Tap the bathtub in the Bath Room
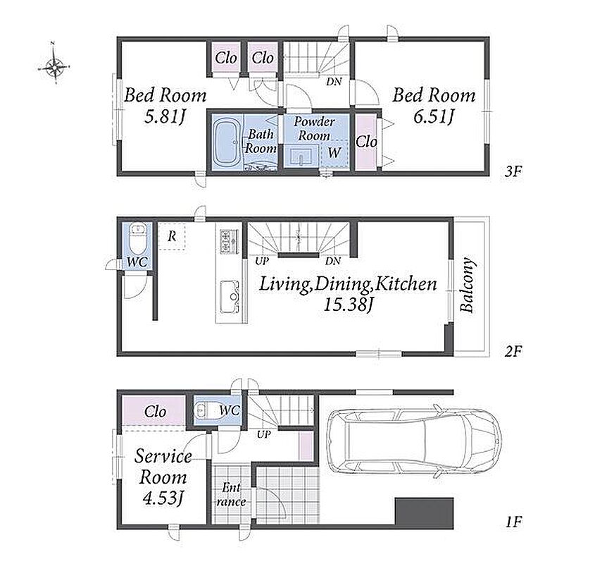226,142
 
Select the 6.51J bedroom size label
433,116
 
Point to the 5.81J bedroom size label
165,116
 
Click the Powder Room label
314,128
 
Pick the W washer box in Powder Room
334,154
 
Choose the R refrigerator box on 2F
172,236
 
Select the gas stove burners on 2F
230,241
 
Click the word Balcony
467,285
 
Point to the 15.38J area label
348,305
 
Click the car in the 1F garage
413,440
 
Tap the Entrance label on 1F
231,494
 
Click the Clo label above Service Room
155,412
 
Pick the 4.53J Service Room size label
163,498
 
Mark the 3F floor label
513,172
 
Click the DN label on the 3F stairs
334,81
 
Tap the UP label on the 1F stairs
264,434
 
